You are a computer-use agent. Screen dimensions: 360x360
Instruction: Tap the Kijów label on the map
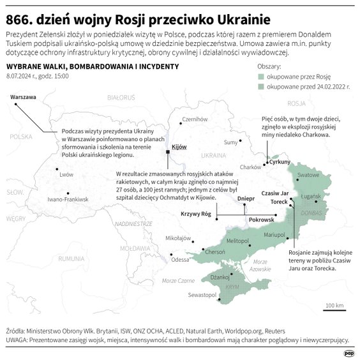point(179,147)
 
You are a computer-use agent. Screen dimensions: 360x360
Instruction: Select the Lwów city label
point(66,174)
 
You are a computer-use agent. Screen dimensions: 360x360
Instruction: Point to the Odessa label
point(181,260)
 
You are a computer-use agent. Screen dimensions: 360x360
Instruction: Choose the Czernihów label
point(195,119)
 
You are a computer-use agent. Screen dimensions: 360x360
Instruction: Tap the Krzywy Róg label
point(195,214)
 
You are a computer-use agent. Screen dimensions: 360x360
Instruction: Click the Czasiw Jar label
point(276,192)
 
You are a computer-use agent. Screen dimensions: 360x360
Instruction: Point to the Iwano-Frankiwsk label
point(67,200)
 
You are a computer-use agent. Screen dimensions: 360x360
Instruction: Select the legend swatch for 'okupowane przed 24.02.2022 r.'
point(262,85)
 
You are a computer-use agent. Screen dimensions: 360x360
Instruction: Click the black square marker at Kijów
point(168,153)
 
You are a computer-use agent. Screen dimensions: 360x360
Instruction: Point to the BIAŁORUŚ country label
point(123,98)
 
